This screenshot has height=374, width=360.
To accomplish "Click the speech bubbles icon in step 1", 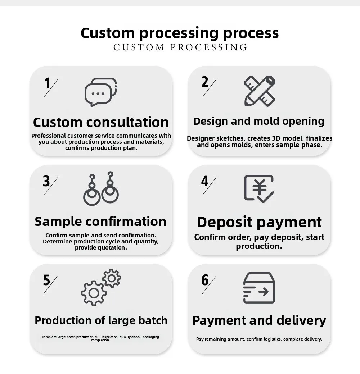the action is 100,92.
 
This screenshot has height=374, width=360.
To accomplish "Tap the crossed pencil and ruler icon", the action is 259,91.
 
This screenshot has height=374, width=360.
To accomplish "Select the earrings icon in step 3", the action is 101,188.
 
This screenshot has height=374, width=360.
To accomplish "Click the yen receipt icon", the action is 259,189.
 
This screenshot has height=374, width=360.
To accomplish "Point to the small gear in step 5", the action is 112,278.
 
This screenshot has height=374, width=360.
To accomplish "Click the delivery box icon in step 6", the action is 259,288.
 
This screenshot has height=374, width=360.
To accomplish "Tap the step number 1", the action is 48,83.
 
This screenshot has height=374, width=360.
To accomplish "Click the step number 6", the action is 205,280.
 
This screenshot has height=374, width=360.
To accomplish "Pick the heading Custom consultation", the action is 101,122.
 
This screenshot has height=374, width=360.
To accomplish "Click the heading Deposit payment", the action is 259,222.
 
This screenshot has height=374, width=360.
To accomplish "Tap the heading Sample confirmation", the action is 100,222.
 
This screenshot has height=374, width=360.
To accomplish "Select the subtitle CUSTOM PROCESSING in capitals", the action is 180,47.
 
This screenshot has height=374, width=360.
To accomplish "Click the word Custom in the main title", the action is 108,33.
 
